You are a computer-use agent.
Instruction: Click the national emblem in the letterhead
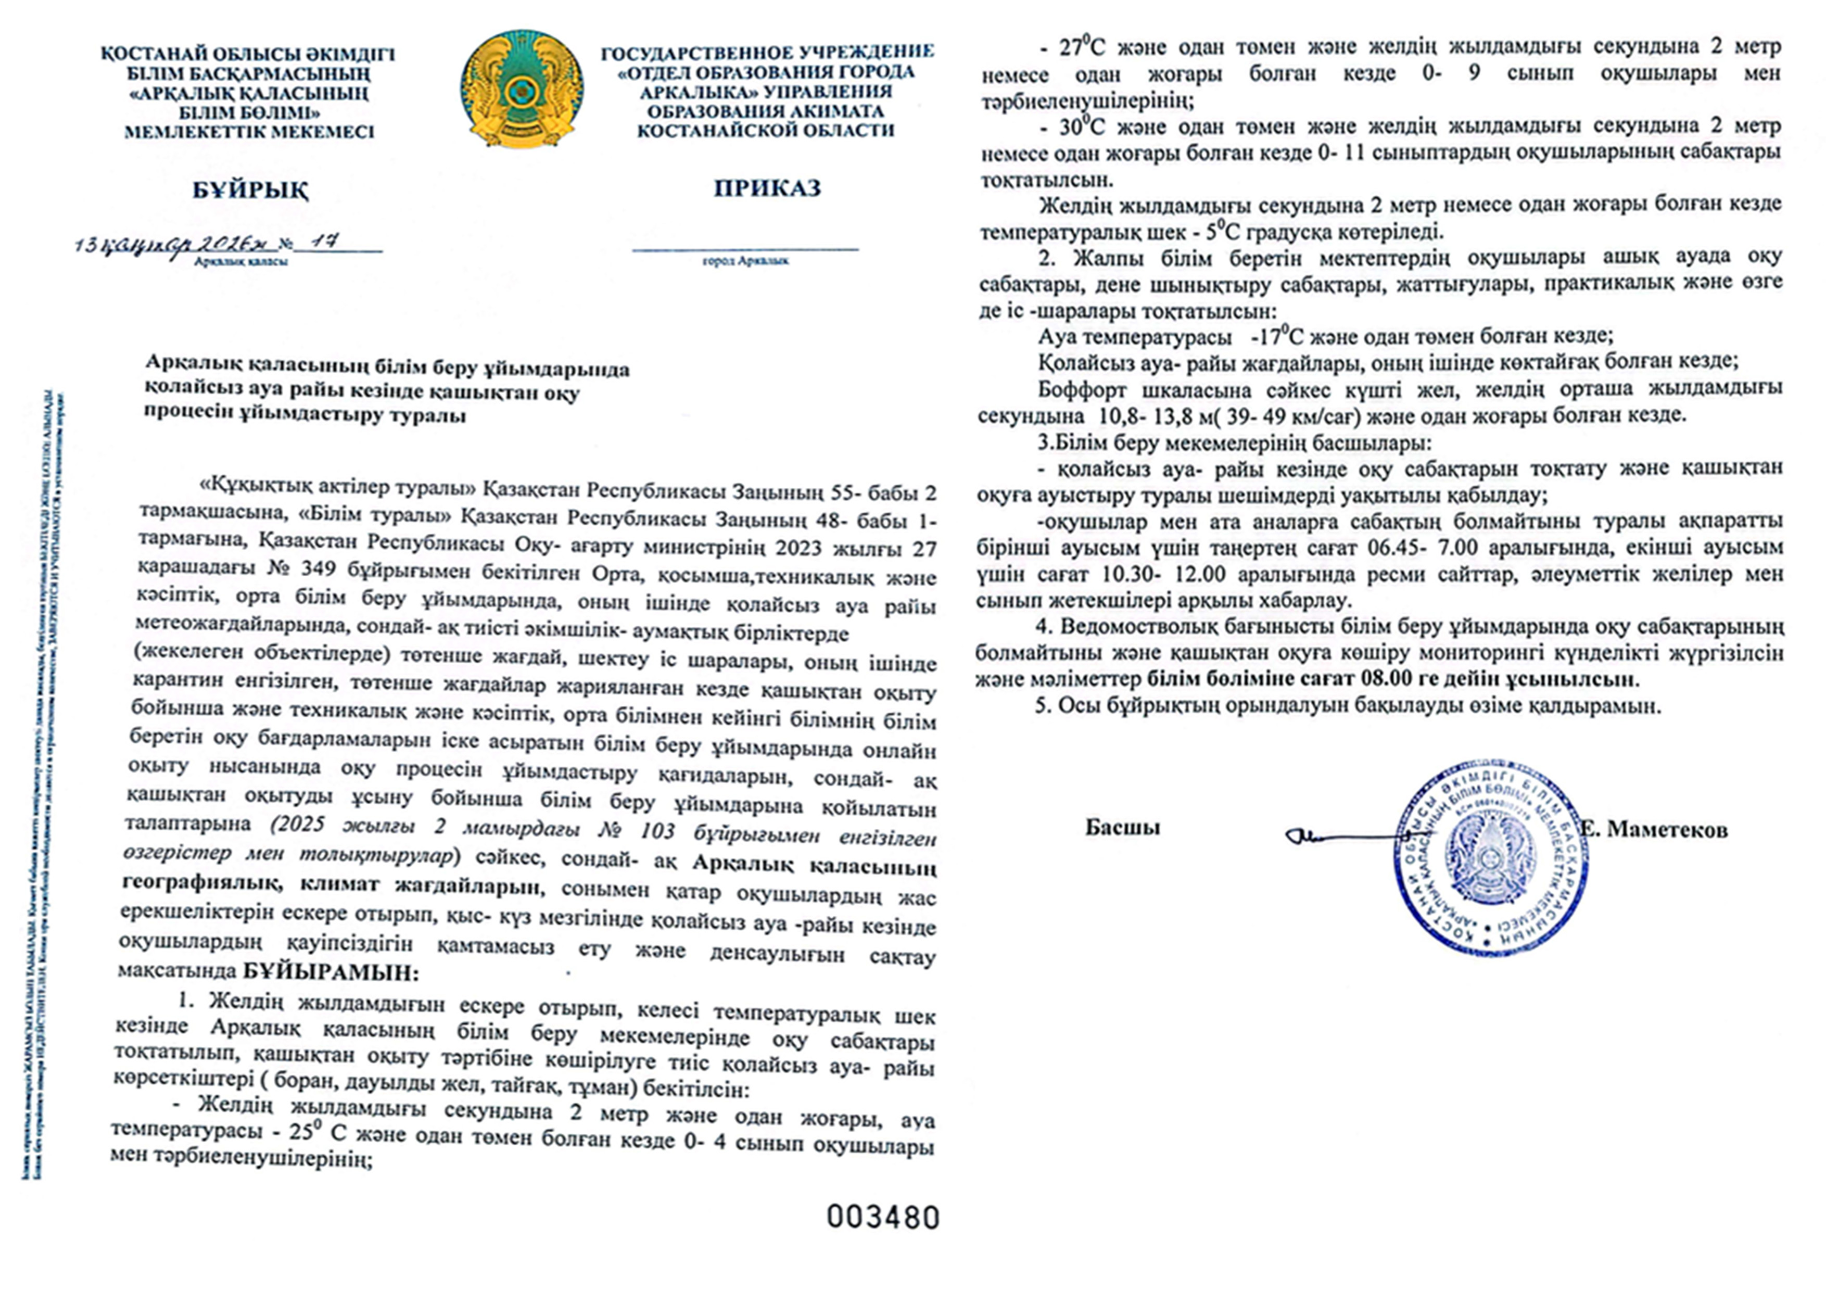(x=521, y=89)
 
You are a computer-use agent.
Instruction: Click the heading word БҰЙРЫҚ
(x=250, y=191)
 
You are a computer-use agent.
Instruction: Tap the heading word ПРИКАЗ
(x=767, y=188)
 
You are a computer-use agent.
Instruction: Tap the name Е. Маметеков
(x=1654, y=830)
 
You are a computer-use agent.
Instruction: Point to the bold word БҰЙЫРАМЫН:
(x=330, y=972)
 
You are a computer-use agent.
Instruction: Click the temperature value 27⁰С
(x=1082, y=47)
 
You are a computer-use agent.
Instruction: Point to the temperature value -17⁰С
(x=1276, y=336)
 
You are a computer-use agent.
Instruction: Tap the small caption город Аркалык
(x=745, y=261)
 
